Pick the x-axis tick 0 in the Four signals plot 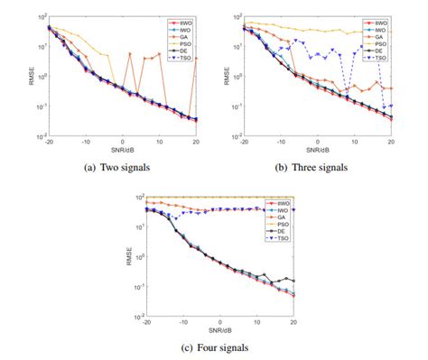pos(219,322)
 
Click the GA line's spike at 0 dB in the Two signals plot pos(130,54)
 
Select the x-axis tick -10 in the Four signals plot pos(181,322)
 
